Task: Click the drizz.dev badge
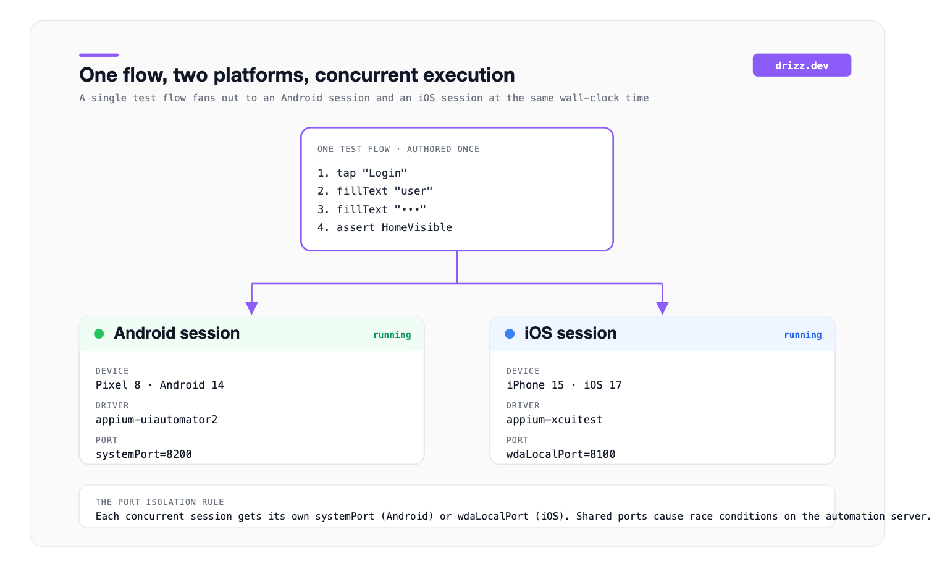click(802, 65)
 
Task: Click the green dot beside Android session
click(99, 334)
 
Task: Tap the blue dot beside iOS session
click(510, 334)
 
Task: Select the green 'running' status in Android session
click(392, 335)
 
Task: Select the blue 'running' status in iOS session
click(802, 335)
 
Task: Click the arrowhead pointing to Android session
click(251, 308)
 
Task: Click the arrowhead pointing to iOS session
click(662, 308)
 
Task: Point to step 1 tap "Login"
click(362, 173)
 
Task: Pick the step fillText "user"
click(375, 191)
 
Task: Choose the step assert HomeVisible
click(385, 227)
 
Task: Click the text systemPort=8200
click(143, 454)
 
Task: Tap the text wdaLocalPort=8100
click(560, 454)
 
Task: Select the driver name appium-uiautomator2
click(156, 420)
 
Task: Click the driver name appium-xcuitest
click(554, 420)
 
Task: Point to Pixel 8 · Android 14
click(159, 385)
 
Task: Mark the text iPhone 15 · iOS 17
click(564, 385)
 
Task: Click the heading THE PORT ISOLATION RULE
click(159, 502)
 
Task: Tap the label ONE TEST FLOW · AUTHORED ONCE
click(398, 149)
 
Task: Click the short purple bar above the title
click(99, 55)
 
